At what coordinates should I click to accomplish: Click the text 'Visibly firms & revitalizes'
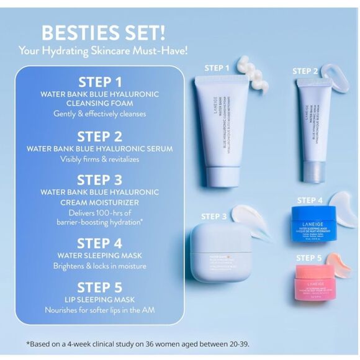tap(99, 160)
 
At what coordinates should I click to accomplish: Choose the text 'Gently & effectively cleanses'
tap(99, 114)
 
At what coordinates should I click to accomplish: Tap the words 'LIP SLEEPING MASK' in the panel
tap(99, 299)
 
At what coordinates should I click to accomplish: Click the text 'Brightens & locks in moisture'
tap(99, 266)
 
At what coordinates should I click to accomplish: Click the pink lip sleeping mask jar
tap(316, 280)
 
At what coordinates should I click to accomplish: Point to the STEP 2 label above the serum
tap(305, 71)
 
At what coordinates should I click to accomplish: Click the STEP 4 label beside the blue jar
tap(310, 200)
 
